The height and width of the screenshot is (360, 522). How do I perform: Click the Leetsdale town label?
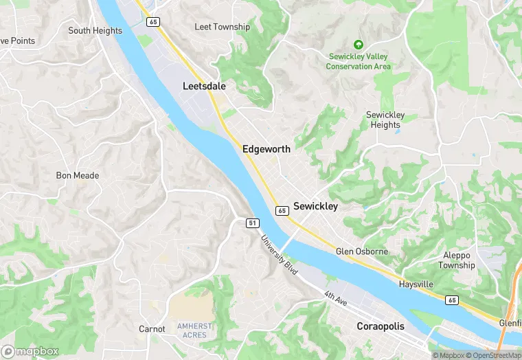pos(204,87)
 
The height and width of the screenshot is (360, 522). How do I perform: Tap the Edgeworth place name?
pos(266,148)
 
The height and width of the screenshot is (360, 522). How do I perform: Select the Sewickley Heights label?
pos(385,120)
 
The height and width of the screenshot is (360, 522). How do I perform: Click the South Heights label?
pos(95,30)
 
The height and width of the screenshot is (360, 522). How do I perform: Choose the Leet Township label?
pos(222,27)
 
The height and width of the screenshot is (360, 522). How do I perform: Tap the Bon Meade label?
pos(77,175)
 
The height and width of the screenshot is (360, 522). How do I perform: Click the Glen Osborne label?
pos(361,251)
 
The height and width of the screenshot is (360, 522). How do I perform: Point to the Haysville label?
pos(416,284)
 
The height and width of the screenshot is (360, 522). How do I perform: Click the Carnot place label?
pos(152,329)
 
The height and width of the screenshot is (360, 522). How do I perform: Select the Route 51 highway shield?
pos(252,223)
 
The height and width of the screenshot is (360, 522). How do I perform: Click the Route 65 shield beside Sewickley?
pos(282,210)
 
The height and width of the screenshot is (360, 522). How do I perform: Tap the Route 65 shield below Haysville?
pos(451,300)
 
